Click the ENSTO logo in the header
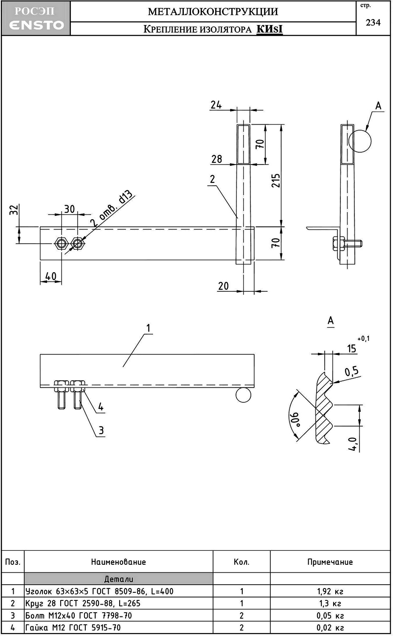click(x=36, y=25)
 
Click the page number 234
click(x=373, y=22)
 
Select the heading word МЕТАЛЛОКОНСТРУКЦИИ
click(x=213, y=11)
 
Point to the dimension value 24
click(x=216, y=104)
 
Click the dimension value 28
click(x=216, y=159)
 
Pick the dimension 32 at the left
click(x=14, y=209)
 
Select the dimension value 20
click(x=223, y=286)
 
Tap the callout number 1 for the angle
click(x=148, y=328)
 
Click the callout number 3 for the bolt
click(x=101, y=431)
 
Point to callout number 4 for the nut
click(x=101, y=407)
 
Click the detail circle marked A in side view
click(x=360, y=140)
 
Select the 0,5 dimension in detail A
click(x=351, y=372)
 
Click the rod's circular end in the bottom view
click(x=243, y=395)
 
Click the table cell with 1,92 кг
click(x=330, y=591)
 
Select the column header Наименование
click(x=118, y=562)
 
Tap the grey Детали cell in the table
click(x=118, y=579)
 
